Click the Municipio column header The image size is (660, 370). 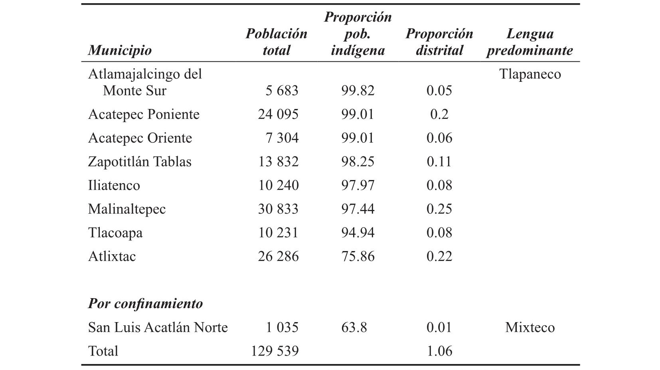point(120,51)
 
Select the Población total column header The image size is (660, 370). point(277,42)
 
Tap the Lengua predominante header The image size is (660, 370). point(530,42)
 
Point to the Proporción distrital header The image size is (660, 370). point(439,42)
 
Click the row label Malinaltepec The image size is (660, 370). point(127,209)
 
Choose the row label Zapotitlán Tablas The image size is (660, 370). point(140,162)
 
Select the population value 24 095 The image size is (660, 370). point(278,114)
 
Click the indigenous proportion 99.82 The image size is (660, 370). point(358,90)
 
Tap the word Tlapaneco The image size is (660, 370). point(530,74)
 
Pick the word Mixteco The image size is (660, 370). point(530,327)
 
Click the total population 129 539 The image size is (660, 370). point(275,351)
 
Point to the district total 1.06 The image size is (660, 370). point(439,351)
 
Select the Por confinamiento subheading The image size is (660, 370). point(146,303)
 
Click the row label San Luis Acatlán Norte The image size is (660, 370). point(158,327)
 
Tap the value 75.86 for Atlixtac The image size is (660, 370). point(358,256)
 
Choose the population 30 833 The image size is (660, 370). point(278,209)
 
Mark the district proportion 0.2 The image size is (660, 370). point(439,114)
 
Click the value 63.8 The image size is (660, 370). point(354,327)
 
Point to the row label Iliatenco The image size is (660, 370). point(114,185)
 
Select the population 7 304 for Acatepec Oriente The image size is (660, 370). point(282,138)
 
